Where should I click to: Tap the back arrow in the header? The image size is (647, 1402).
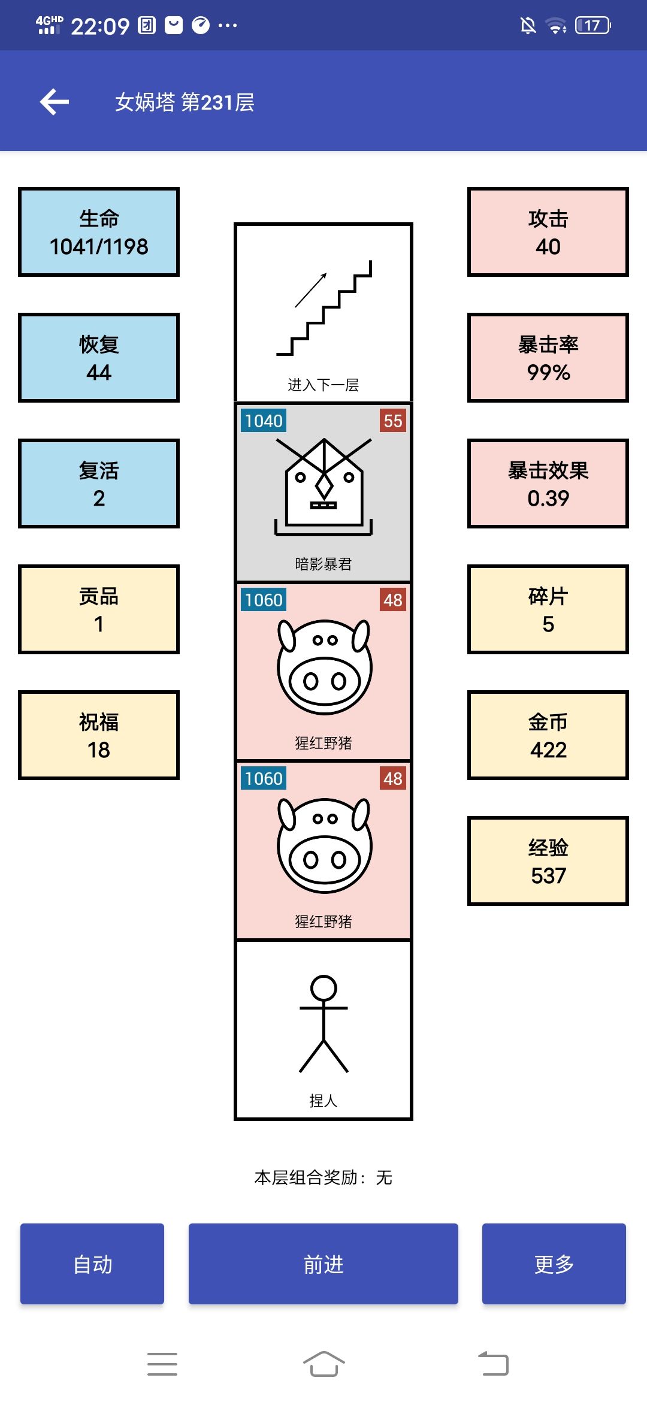coord(55,102)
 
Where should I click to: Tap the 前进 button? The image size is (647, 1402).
coord(323,1264)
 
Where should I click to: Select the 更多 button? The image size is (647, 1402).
coord(554,1264)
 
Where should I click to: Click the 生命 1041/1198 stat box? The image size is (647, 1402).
coord(99,232)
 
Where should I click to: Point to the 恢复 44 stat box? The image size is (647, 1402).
coord(99,358)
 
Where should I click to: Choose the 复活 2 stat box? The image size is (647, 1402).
coord(99,484)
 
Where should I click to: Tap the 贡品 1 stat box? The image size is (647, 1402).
coord(99,609)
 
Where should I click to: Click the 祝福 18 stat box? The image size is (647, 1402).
coord(99,735)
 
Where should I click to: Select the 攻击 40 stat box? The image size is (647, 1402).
coord(548,232)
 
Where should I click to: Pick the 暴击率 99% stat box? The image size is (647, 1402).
coord(548,358)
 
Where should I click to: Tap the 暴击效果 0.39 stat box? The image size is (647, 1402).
coord(548,484)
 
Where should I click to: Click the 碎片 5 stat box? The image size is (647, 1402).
coord(548,609)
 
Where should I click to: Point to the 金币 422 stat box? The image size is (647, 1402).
coord(548,735)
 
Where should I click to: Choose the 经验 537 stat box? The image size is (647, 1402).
coord(548,861)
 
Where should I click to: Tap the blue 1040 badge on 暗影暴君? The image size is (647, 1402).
coord(264,421)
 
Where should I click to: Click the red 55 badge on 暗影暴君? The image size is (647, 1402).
coord(393,421)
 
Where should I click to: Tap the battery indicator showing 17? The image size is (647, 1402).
coord(592,25)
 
